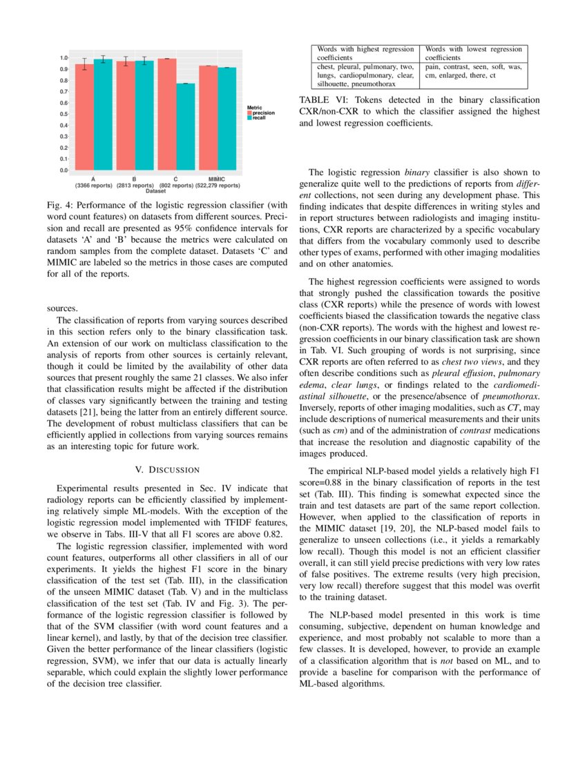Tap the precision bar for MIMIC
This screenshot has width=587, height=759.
pos(209,117)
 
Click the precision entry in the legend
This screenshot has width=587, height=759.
pos(263,112)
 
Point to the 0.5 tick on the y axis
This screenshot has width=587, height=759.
pos(64,114)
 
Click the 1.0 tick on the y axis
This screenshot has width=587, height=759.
pos(64,58)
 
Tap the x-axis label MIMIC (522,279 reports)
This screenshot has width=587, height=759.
pos(218,182)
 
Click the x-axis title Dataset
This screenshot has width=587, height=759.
pos(156,191)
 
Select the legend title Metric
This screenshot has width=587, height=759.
pos(255,106)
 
